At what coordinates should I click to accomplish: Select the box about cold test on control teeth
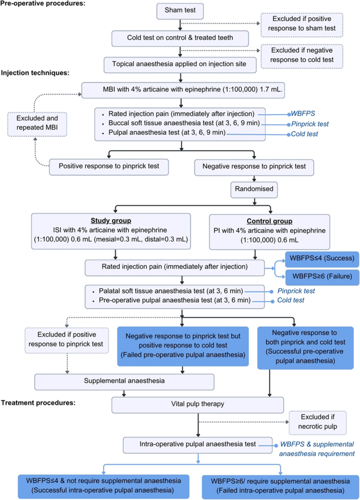click(x=180, y=38)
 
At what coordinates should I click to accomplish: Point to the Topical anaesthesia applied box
click(x=180, y=65)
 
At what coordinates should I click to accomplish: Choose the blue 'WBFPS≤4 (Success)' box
click(x=321, y=259)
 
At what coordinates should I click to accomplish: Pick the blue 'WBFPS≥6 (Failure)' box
click(x=321, y=277)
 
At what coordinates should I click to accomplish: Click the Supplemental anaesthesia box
click(x=125, y=381)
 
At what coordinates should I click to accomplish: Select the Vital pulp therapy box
click(x=198, y=404)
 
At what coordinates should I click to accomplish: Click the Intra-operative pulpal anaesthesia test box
click(x=198, y=444)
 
